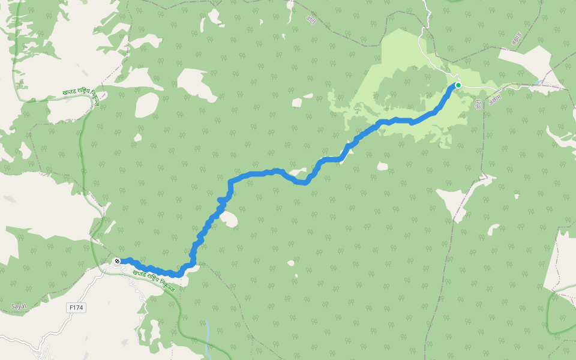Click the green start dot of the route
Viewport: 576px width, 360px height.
pyautogui.click(x=458, y=85)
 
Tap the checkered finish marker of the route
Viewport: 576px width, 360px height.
pyautogui.click(x=117, y=261)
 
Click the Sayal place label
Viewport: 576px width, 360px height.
pyautogui.click(x=19, y=306)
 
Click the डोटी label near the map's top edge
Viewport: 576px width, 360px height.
pyautogui.click(x=311, y=19)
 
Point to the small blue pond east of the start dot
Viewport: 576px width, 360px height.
pyautogui.click(x=541, y=82)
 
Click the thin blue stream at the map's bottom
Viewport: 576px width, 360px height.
pyautogui.click(x=206, y=336)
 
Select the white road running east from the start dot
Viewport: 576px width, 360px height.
pyautogui.click(x=510, y=87)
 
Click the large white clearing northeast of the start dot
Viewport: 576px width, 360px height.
pyautogui.click(x=525, y=60)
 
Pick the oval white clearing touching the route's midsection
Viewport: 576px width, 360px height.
pyautogui.click(x=229, y=220)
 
